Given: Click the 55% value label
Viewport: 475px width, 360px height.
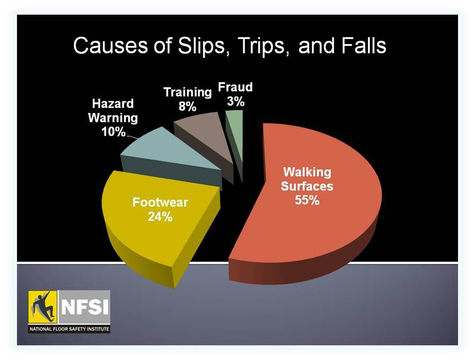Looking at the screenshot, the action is [x=307, y=200].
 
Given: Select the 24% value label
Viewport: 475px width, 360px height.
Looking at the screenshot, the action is [x=160, y=217].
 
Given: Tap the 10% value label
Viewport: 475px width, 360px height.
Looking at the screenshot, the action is [x=113, y=132].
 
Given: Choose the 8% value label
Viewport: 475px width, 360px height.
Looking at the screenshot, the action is [x=188, y=106].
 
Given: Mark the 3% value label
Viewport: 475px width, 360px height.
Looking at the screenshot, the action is [x=236, y=101].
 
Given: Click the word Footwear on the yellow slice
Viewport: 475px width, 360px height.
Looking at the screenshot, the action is [x=160, y=202].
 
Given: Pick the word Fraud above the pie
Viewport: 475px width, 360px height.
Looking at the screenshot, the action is [x=235, y=87].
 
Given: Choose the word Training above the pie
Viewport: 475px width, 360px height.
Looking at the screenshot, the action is [x=188, y=92].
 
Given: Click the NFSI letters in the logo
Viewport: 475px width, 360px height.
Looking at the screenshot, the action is [x=85, y=307].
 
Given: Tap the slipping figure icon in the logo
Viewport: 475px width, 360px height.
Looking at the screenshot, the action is [x=43, y=307].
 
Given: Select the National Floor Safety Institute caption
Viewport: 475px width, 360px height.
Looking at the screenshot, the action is [x=69, y=328].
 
